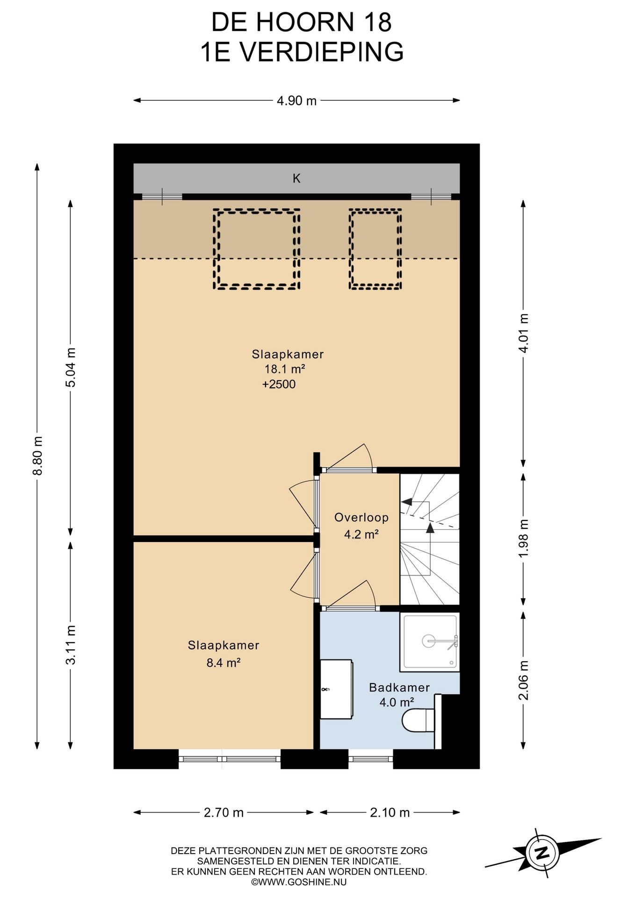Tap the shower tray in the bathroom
[430, 641]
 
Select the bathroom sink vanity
[336, 689]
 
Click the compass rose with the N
[541, 852]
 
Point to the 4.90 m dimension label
[296, 100]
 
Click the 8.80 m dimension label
[38, 456]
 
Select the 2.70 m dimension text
[224, 812]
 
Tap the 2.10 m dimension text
[390, 812]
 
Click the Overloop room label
[361, 517]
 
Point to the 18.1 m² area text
[285, 369]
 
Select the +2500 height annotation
[279, 384]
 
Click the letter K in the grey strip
[296, 178]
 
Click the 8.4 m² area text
[224, 662]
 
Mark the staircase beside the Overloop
[430, 539]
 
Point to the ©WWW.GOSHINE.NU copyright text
[299, 882]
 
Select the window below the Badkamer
[370, 759]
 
